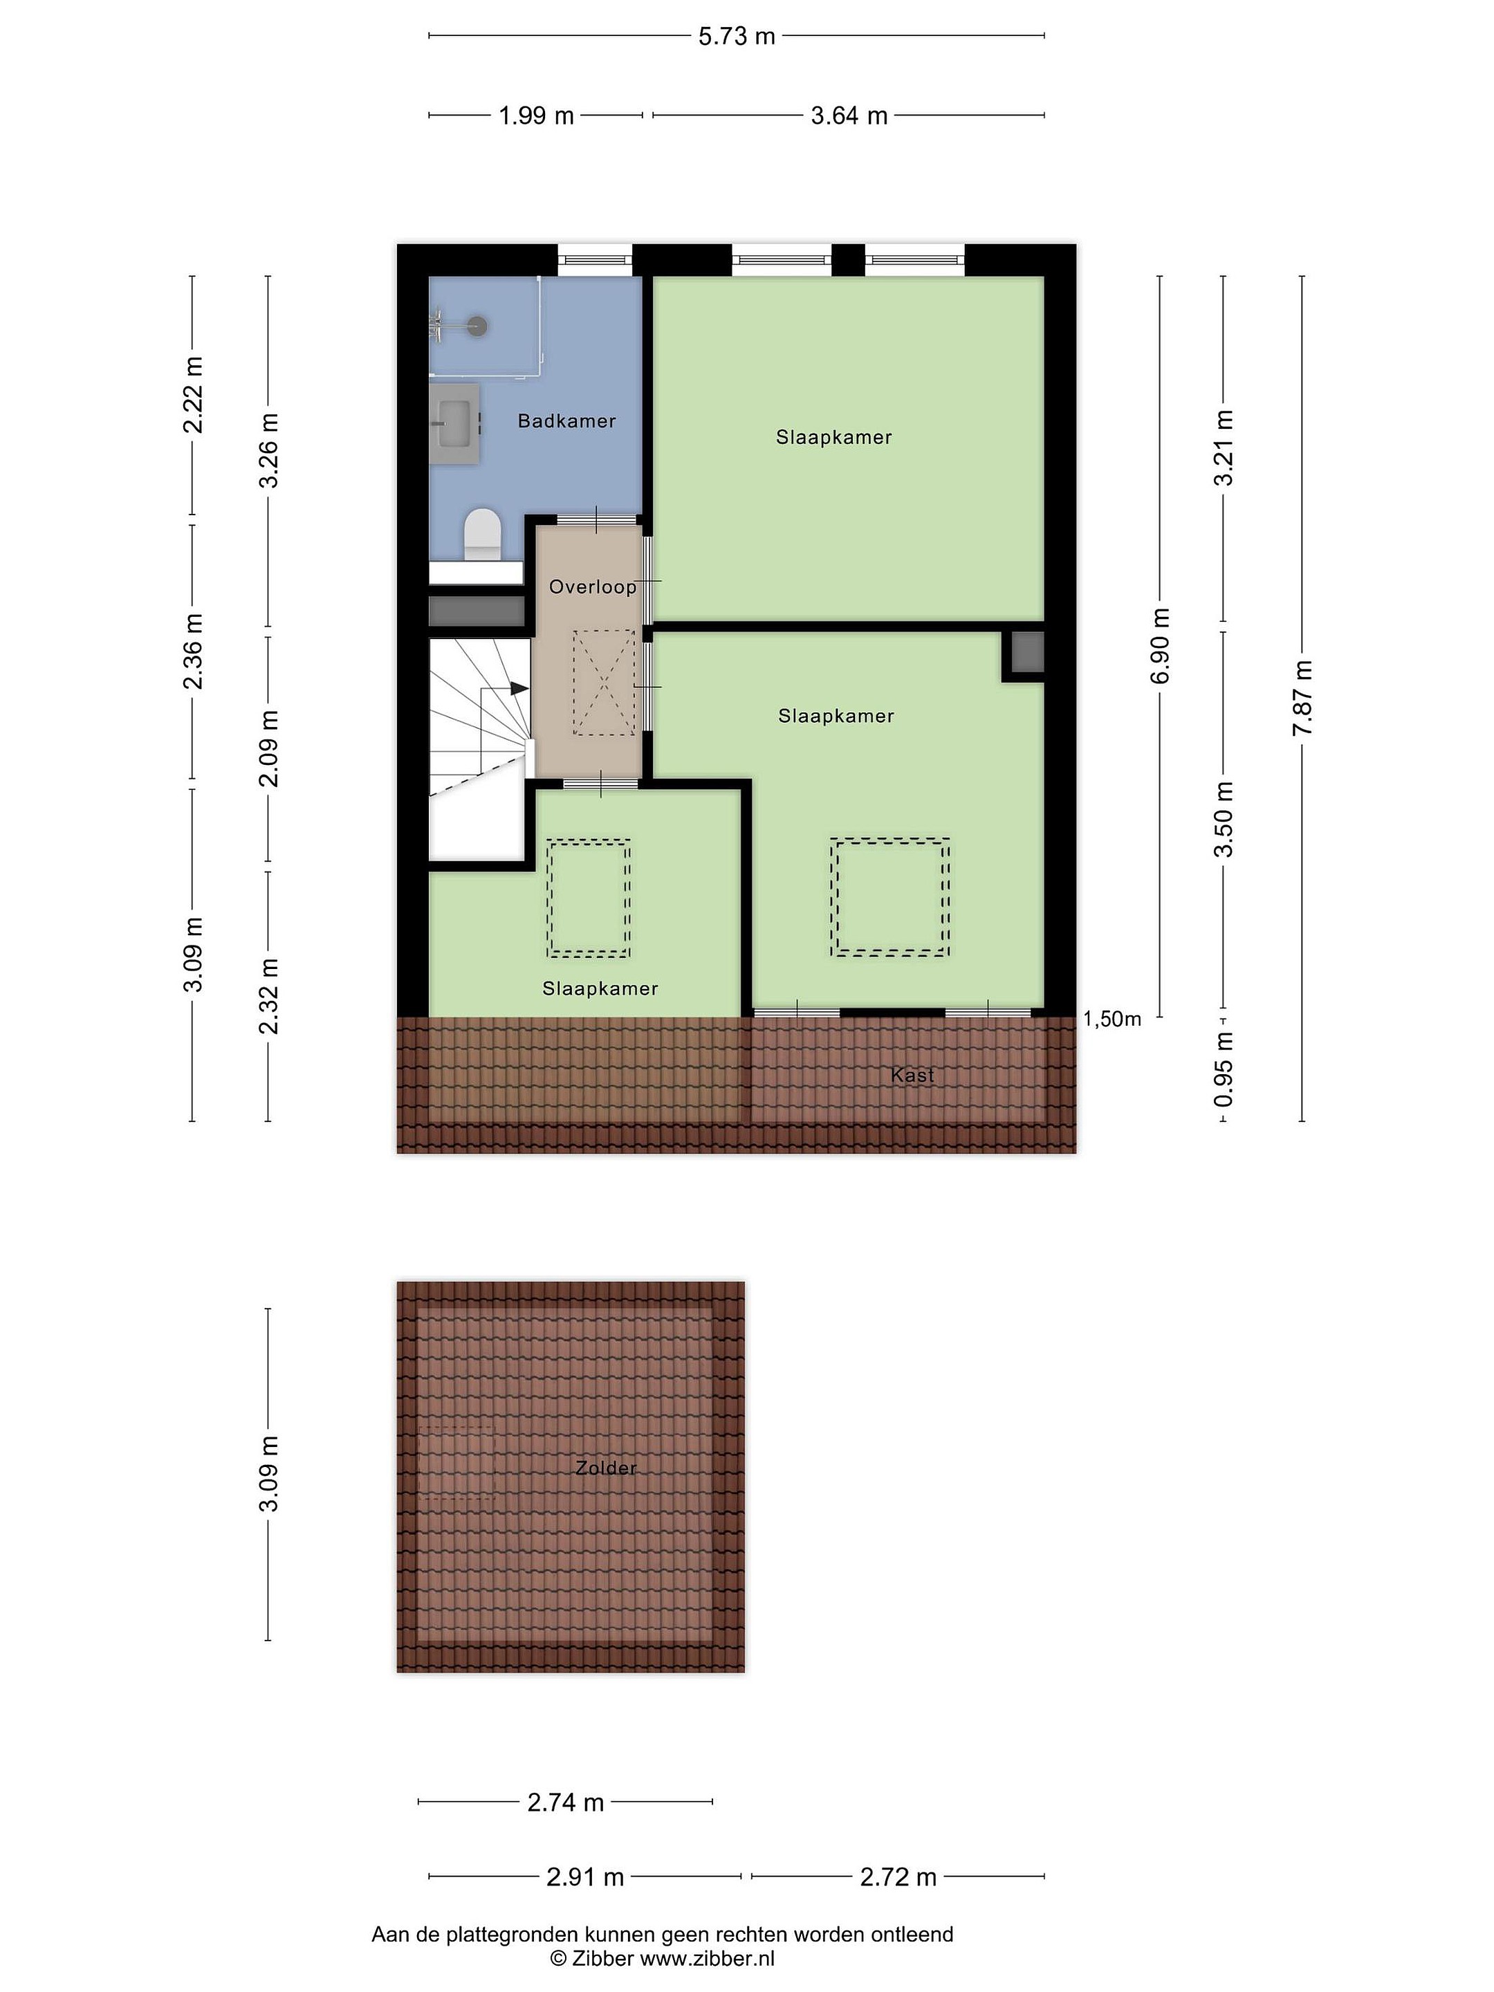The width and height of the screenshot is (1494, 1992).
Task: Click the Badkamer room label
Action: [566, 421]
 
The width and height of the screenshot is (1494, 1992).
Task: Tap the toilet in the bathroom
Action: [482, 534]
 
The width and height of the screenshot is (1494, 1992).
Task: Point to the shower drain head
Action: [477, 326]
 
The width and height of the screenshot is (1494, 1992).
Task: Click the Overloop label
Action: [593, 587]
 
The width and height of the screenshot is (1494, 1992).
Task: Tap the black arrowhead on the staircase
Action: [519, 688]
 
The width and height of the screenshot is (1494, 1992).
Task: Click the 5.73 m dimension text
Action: [737, 36]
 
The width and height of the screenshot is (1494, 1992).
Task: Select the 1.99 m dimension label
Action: [536, 116]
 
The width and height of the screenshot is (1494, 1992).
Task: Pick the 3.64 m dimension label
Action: [849, 116]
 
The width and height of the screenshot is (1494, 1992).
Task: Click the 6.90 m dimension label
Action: [1160, 646]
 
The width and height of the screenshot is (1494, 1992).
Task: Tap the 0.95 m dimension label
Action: [1223, 1070]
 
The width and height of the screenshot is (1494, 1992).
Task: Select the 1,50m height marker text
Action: [1112, 1019]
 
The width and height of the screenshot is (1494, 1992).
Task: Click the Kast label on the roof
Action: [912, 1076]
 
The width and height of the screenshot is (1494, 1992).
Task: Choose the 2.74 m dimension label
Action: [566, 1802]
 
